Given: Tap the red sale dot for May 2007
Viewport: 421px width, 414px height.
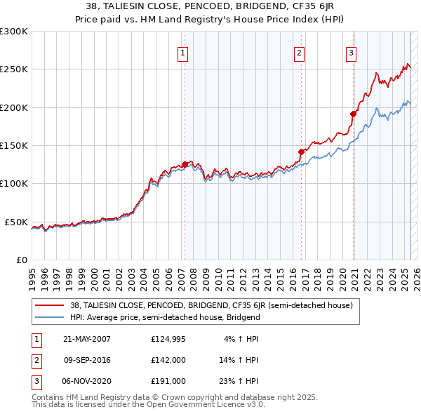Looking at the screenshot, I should point(185,164).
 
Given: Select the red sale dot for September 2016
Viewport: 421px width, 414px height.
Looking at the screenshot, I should point(301,152).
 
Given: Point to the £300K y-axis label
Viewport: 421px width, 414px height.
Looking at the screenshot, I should point(14,32).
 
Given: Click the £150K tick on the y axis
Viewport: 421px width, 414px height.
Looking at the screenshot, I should point(14,145).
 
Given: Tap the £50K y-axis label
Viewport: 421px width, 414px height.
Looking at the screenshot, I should point(16,222).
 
